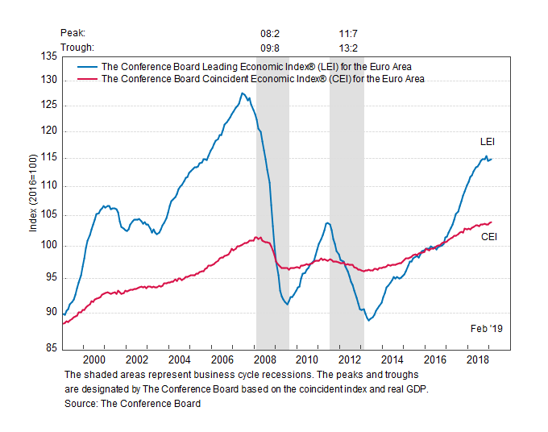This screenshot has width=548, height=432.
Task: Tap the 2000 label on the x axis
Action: point(94,359)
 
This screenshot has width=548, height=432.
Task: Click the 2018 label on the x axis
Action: point(477,359)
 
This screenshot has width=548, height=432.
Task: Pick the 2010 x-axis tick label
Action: point(307,359)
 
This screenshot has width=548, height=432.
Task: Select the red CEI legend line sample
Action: point(86,79)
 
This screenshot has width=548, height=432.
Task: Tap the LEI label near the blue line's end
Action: point(488,142)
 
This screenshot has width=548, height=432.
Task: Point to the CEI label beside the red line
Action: point(488,237)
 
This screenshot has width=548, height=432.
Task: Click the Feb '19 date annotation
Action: point(486,328)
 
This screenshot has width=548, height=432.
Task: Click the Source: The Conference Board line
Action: point(132,403)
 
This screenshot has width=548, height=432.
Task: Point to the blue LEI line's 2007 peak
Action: point(242,93)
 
